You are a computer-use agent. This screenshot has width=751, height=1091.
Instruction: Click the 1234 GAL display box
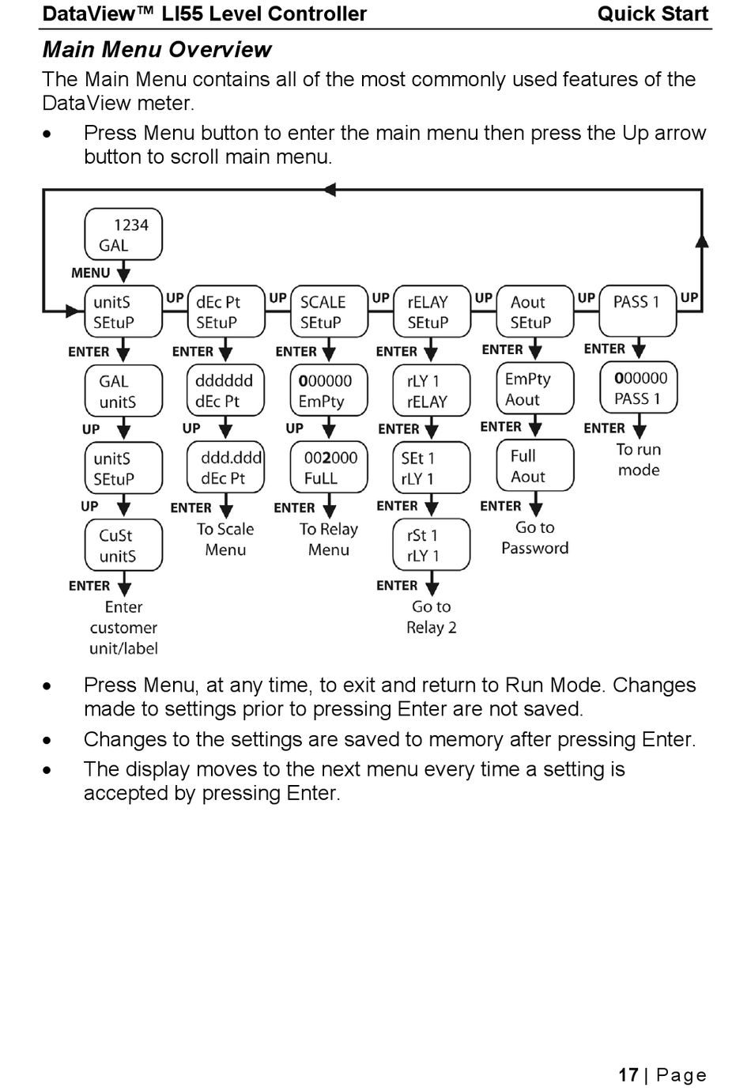point(123,234)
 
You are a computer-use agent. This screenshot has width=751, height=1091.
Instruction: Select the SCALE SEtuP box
point(329,311)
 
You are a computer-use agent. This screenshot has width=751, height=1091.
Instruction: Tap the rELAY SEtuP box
point(432,311)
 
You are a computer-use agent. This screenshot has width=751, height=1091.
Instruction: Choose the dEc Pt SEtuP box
point(226,311)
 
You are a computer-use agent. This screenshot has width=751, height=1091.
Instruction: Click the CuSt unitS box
point(123,545)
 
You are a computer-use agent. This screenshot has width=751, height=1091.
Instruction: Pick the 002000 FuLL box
point(329,467)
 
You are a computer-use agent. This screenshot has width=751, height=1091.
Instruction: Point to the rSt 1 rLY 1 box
point(432,545)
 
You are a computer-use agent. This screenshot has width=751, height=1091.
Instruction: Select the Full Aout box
point(535,465)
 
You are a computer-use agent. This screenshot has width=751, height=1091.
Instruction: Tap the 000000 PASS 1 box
point(639,387)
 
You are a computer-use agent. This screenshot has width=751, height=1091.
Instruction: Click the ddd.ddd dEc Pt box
point(226,467)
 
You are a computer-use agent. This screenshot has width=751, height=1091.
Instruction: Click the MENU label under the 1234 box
point(91,273)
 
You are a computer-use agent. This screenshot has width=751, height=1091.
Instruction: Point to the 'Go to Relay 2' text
point(432,617)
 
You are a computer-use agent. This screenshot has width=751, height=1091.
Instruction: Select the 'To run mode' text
point(639,460)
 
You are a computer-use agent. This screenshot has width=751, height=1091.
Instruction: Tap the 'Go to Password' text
point(534,538)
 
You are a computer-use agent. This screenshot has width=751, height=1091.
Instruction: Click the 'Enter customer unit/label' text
point(123,628)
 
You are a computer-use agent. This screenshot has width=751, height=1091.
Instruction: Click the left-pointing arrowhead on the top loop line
point(330,190)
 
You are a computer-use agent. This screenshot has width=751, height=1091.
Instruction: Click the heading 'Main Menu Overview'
point(157,49)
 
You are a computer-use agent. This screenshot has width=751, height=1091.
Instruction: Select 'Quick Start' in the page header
point(653,13)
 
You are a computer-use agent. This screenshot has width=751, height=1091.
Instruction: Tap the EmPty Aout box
point(535,388)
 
